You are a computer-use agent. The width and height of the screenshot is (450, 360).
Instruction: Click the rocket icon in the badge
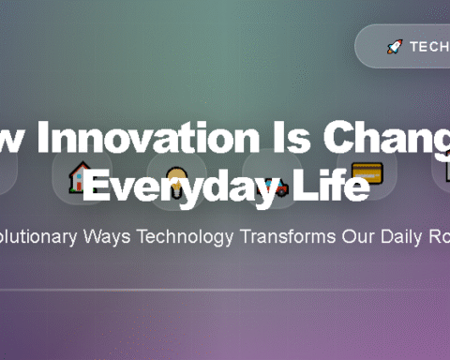coord(395,46)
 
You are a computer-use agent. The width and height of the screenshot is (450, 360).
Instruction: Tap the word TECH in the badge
coord(429,46)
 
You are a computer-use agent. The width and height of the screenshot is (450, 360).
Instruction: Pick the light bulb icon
coord(176,175)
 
